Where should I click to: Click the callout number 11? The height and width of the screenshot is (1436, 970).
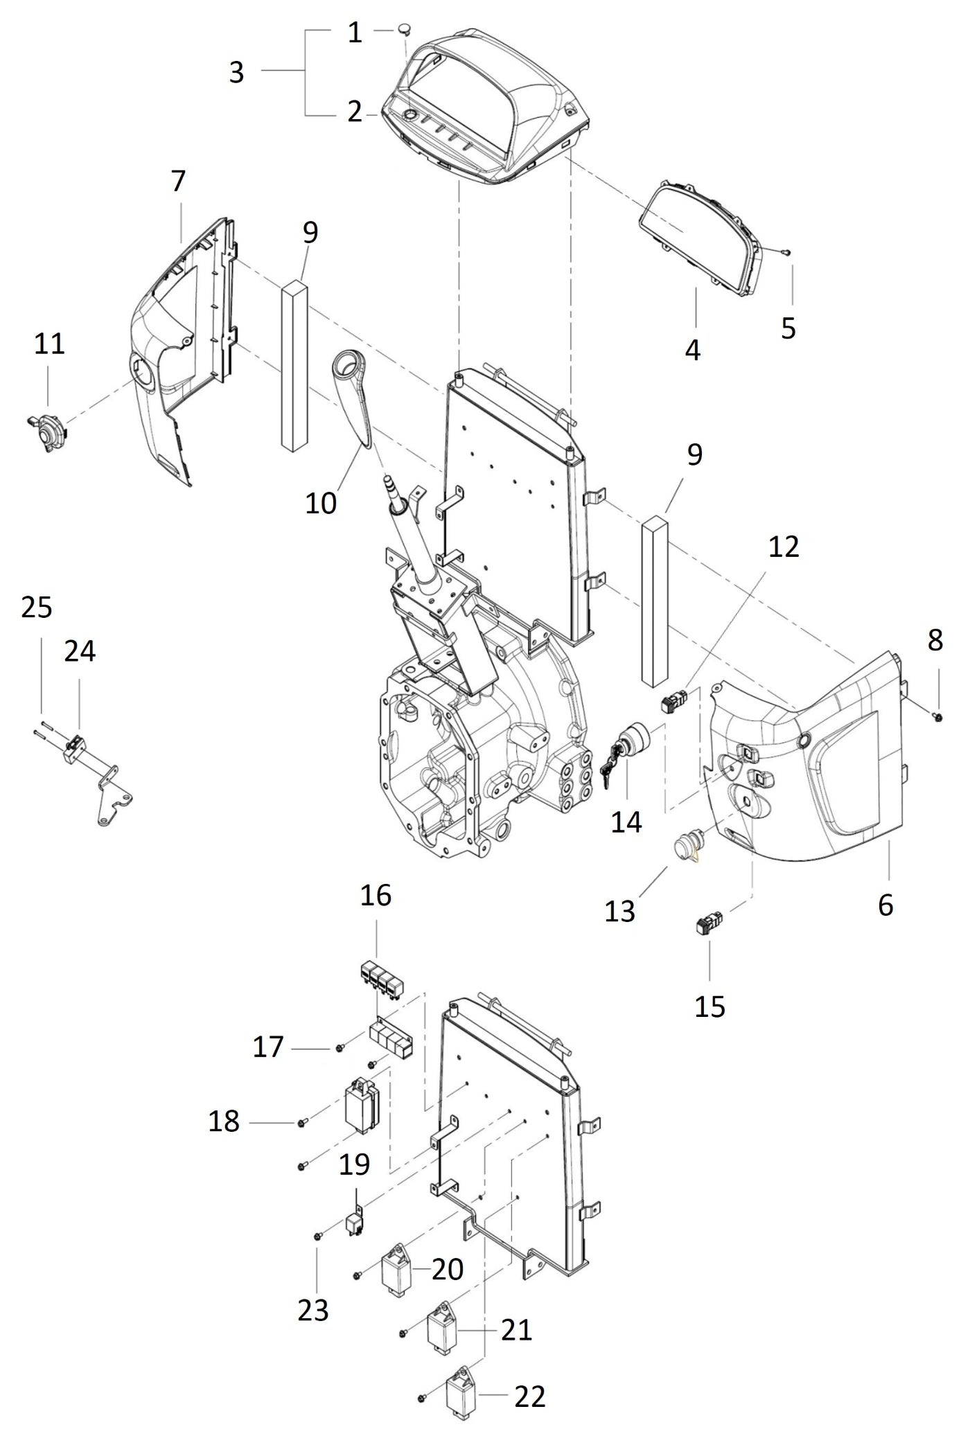click(49, 344)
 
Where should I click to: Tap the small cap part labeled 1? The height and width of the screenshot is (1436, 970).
click(405, 30)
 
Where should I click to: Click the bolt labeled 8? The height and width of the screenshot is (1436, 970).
click(937, 717)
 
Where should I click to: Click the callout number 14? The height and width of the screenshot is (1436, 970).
click(626, 822)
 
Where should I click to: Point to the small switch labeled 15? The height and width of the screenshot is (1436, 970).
click(708, 923)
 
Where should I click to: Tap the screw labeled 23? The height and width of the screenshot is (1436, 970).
click(317, 1236)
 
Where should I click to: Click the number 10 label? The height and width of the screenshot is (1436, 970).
click(321, 504)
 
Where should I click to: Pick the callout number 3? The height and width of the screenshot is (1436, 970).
click(236, 72)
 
